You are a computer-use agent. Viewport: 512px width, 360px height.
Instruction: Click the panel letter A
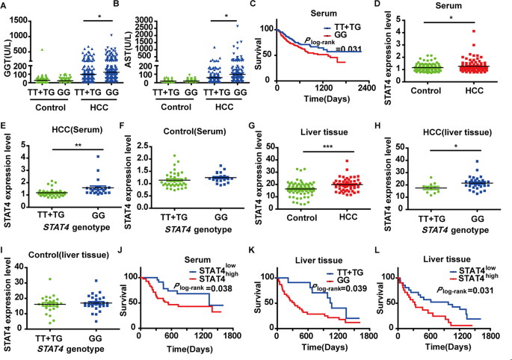[x=4, y=5]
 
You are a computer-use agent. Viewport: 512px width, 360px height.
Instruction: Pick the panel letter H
[x=388, y=121]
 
